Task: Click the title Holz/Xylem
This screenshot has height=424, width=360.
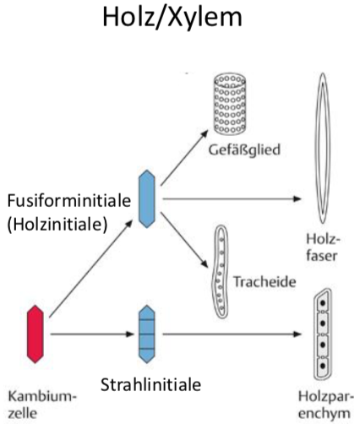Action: point(172,18)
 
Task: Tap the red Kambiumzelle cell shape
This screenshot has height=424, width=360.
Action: point(35,334)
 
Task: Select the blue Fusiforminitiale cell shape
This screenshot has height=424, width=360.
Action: point(147,198)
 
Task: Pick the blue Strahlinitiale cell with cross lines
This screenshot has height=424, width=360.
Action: point(147,334)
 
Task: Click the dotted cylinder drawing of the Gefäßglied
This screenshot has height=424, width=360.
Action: point(230,104)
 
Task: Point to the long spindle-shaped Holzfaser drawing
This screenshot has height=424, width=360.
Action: point(322,149)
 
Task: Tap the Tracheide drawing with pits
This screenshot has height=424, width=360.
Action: point(221,271)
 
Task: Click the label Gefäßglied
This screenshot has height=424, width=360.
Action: point(244,149)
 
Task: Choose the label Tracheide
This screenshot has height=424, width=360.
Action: point(265,281)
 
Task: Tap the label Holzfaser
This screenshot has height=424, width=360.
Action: point(323,248)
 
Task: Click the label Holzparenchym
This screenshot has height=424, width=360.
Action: point(326,405)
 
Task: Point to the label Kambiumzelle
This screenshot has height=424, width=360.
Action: point(42,405)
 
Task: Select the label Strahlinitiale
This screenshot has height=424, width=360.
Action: point(150,385)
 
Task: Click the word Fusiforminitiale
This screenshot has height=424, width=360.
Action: point(69,201)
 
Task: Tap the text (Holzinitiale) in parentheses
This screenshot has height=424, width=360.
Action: point(57,225)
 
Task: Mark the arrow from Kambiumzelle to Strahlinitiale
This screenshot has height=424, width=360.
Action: point(92,334)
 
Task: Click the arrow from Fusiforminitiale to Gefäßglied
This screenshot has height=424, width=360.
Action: point(184,158)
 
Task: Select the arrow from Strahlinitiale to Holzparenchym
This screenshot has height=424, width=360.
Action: point(232,334)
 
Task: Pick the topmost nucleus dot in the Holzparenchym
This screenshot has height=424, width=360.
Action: point(323,303)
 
